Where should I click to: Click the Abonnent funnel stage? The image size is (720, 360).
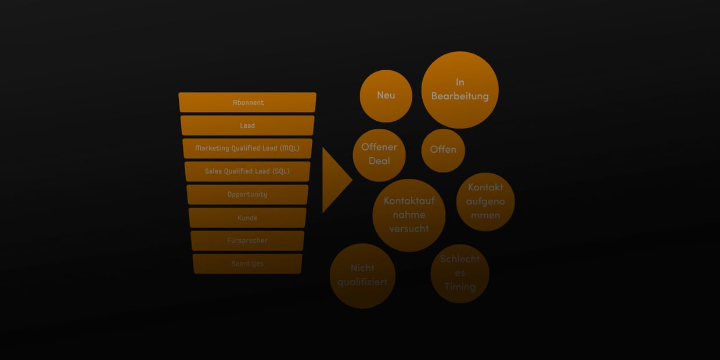247,102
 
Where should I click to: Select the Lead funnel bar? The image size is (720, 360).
247,125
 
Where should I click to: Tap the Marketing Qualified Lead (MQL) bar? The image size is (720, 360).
247,148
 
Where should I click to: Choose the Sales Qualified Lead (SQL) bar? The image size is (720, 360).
247,171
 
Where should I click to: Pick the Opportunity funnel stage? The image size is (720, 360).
247,195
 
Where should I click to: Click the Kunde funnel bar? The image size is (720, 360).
247,218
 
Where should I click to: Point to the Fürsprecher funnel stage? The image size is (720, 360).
247,240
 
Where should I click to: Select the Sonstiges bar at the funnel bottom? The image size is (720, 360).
247,264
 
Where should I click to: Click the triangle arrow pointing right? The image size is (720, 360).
334,180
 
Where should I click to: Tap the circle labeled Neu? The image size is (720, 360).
386,96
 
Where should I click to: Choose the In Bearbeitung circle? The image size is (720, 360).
460,89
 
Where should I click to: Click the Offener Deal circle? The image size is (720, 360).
379,154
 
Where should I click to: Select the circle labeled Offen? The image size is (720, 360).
443,150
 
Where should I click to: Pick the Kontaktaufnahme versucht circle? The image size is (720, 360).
409,215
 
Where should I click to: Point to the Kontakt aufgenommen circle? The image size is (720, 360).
485,201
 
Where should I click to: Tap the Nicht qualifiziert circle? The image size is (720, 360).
362,275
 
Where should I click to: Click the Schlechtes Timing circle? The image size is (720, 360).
460,273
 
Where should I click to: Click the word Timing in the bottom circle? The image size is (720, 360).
460,287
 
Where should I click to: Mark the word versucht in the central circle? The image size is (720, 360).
409,229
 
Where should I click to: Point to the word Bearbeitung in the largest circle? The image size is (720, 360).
460,96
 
